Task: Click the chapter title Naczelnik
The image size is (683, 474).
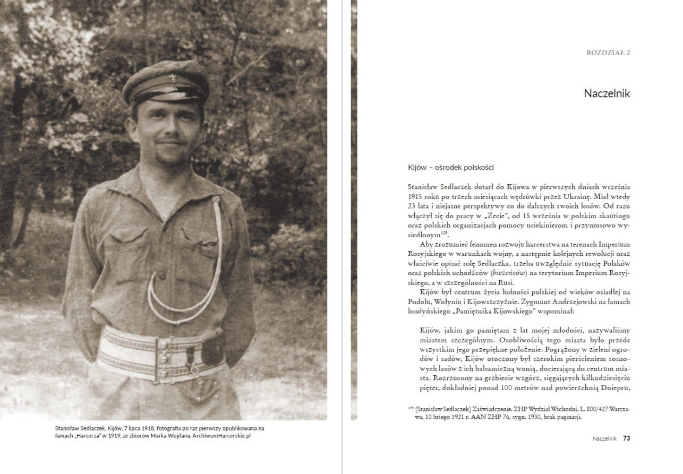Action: coord(607,93)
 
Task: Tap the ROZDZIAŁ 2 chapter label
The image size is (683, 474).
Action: coord(608,53)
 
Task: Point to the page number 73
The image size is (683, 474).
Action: coord(627,438)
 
